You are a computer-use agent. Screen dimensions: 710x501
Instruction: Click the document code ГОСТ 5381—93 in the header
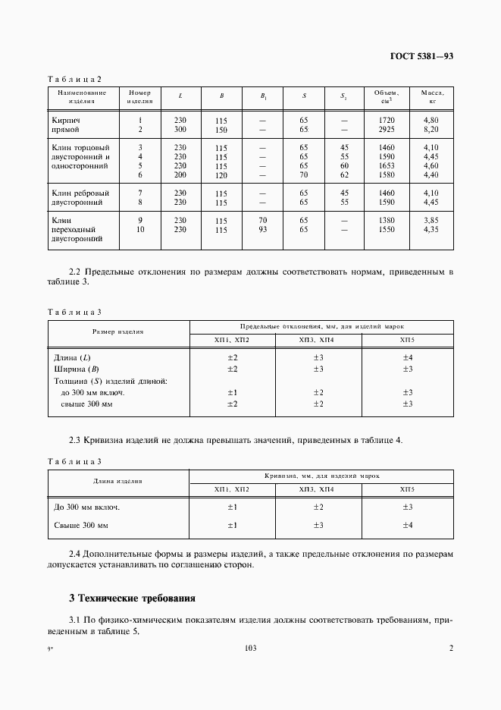point(421,56)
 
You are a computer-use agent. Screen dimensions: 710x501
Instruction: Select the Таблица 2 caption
point(74,79)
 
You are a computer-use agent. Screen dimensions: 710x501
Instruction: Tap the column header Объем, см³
point(387,96)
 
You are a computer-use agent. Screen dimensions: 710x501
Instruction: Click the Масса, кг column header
point(432,96)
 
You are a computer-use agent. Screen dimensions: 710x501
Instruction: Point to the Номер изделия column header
point(140,96)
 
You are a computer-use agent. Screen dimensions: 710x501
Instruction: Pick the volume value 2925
point(387,130)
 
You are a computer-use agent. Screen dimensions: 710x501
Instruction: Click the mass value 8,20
point(432,130)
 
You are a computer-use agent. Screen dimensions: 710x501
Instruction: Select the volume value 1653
point(387,165)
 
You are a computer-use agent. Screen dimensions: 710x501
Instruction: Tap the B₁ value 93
point(263,229)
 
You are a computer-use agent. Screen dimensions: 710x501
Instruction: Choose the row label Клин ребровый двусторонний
point(80,198)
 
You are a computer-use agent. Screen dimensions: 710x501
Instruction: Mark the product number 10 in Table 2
point(140,229)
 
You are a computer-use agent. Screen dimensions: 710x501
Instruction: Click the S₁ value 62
point(344,174)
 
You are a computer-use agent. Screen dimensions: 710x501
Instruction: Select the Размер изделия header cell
point(118,331)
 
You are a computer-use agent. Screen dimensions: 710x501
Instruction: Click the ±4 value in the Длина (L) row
point(407,357)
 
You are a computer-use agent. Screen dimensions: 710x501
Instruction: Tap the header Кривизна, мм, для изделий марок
point(322,475)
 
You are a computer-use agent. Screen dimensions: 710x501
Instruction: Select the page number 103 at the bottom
point(251,648)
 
